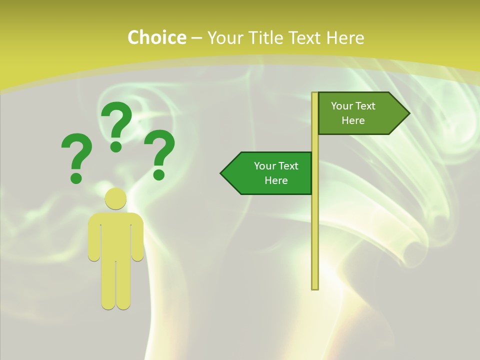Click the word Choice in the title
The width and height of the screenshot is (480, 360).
click(156, 38)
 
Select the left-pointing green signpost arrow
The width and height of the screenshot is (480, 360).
click(270, 173)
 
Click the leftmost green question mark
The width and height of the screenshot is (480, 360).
click(77, 150)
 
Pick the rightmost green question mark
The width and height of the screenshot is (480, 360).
click(160, 147)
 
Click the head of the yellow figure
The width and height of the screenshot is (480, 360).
click(115, 198)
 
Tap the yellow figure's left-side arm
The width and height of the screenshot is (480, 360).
click(94, 240)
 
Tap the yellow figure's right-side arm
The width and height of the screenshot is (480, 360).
click(137, 240)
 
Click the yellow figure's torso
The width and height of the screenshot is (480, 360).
click(115, 235)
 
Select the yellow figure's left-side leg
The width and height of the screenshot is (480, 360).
click(108, 285)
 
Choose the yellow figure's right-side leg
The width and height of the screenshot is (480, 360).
click(123, 285)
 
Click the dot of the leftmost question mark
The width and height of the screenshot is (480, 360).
click(76, 177)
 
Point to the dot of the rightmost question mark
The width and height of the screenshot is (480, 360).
click(159, 174)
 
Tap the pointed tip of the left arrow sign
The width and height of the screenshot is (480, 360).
click(222, 173)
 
